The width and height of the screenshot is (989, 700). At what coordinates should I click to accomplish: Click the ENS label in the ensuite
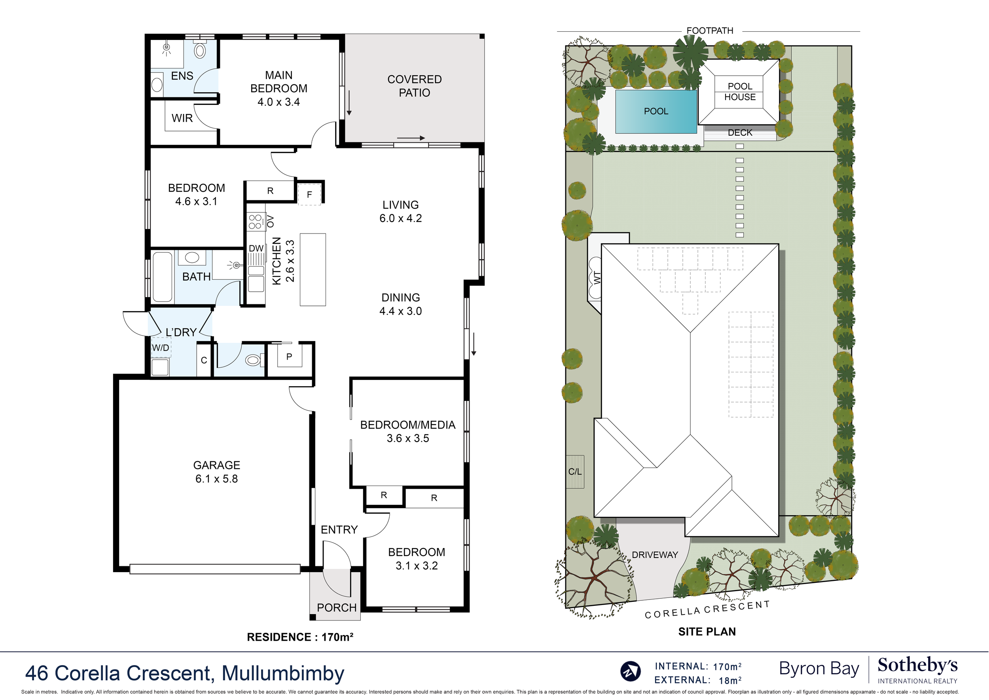[x=182, y=76]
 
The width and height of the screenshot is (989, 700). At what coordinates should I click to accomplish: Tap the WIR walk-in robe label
[x=182, y=118]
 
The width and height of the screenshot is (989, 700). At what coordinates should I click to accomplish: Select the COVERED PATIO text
[x=414, y=86]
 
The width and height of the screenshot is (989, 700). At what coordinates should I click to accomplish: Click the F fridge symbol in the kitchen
[x=309, y=194]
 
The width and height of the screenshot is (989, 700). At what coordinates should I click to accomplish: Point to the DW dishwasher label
[x=256, y=248]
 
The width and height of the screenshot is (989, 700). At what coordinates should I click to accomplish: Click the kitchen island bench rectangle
[x=313, y=270]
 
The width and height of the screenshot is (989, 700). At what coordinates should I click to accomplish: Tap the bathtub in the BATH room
[x=163, y=276]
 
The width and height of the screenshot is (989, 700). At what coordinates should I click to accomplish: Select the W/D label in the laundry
[x=160, y=347]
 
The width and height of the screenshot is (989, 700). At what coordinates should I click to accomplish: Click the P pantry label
[x=289, y=357]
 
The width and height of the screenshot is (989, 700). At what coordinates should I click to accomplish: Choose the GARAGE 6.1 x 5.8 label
[x=216, y=472]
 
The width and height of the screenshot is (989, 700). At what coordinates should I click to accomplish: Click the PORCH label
[x=337, y=608]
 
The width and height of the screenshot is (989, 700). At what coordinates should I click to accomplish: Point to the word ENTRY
[x=339, y=530]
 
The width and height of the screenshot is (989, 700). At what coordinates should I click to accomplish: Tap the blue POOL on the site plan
[x=656, y=111]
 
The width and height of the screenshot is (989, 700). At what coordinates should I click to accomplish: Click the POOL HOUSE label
[x=740, y=92]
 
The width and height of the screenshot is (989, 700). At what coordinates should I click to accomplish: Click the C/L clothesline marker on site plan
[x=575, y=472]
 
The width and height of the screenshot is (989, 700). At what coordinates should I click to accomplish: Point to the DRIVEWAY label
[x=655, y=555]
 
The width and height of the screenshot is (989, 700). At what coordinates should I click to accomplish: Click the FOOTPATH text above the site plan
[x=710, y=30]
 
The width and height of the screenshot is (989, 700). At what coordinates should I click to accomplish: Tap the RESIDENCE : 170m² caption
[x=300, y=637]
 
